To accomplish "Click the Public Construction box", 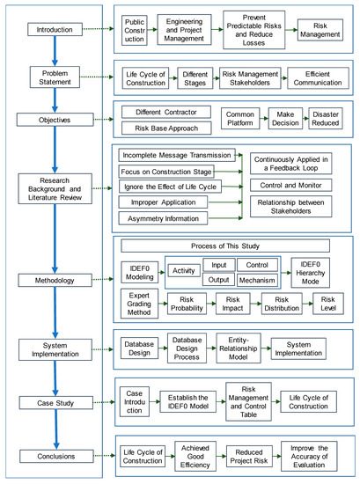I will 135,29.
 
